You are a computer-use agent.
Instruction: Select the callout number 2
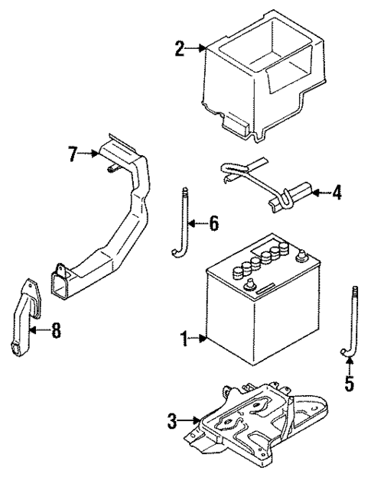(180, 50)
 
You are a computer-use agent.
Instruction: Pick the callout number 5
(349, 384)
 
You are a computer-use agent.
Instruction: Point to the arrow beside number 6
(196, 223)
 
